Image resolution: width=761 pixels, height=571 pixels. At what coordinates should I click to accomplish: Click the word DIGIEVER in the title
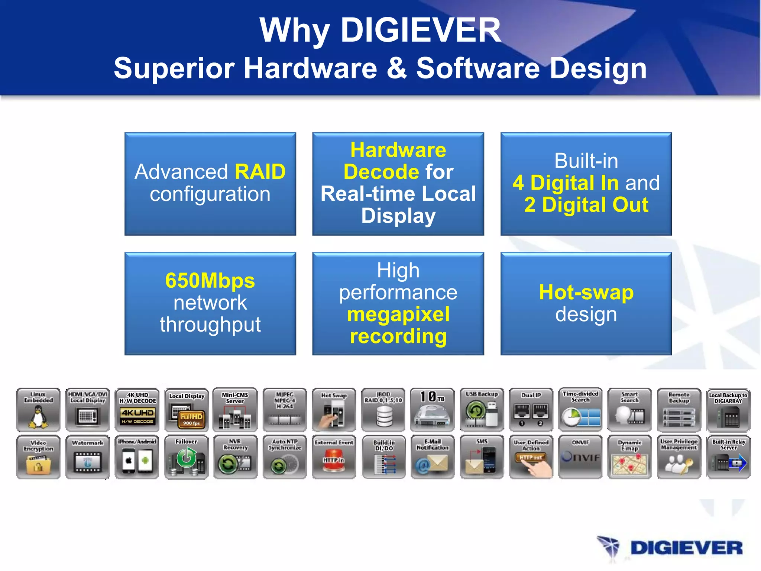point(421,30)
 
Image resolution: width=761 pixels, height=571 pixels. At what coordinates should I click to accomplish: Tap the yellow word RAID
point(260,172)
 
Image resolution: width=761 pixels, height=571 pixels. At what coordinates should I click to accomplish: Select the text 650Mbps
point(210,281)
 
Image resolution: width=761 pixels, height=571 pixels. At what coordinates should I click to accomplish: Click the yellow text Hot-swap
point(586,293)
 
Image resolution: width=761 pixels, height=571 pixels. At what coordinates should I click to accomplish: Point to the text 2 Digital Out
point(586,205)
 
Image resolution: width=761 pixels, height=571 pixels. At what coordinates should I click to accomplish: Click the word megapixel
point(398,314)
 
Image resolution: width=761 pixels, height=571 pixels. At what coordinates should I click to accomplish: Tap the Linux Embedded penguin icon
point(38,410)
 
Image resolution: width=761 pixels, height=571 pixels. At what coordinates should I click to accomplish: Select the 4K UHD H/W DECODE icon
point(137,410)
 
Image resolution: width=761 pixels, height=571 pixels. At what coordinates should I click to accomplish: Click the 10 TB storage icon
point(433,410)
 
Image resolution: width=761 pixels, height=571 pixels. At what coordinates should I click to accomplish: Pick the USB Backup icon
point(482,410)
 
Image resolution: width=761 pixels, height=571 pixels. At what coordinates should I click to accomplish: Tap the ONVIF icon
point(580,457)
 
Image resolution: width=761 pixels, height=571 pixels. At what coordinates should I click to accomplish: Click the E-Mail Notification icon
point(433,457)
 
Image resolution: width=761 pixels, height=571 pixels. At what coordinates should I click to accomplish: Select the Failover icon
point(186,457)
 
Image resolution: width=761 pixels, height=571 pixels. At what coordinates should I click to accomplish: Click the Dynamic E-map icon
point(629,457)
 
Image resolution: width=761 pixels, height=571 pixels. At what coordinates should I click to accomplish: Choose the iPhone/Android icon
point(137,457)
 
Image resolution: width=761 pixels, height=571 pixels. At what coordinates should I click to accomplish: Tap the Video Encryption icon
point(38,457)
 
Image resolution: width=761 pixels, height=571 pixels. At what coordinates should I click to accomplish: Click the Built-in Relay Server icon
point(728,457)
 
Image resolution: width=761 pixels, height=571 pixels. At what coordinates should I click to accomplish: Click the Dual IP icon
point(531,410)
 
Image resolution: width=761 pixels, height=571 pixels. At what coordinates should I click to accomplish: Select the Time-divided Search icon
point(580,410)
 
